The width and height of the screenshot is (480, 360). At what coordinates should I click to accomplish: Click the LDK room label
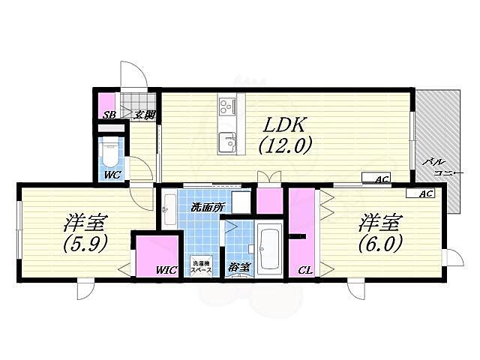pos(283,124)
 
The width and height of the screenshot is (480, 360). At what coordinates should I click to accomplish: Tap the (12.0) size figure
pos(285,145)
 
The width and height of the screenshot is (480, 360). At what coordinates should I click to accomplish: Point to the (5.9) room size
pos(85,243)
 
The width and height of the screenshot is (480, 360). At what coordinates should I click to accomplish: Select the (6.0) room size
pos(380,243)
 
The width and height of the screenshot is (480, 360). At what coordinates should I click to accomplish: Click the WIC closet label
pos(166,270)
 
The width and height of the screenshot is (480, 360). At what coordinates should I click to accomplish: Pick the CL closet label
pos(305,271)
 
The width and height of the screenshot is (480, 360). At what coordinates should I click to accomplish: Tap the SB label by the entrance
pos(109,115)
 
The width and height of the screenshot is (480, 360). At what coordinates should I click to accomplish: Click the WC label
pos(112,175)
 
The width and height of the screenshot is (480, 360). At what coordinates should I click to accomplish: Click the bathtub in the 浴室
pos(269,248)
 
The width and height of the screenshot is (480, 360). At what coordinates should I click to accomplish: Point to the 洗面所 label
pos(207,208)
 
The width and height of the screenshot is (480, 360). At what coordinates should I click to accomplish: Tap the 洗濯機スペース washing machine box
pos(201,265)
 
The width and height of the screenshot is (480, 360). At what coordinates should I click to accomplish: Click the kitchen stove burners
pos(226,107)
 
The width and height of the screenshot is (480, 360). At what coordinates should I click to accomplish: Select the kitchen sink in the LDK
pos(227,142)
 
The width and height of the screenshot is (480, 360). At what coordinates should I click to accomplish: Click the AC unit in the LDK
pos(376,178)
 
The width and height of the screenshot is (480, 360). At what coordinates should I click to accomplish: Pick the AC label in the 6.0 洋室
pos(427,193)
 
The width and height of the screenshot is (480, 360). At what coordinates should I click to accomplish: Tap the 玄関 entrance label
pos(145,115)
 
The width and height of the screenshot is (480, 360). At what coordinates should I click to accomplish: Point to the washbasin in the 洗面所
pos(169,209)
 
